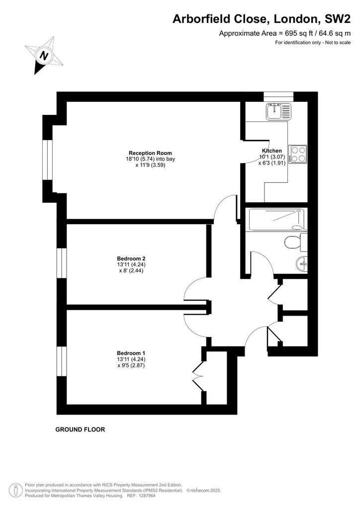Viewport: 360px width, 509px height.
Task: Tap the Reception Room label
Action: pos(150,153)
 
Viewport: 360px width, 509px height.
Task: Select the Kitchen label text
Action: pos(271,151)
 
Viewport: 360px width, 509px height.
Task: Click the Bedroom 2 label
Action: pos(131,258)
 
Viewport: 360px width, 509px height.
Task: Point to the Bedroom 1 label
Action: pos(131,353)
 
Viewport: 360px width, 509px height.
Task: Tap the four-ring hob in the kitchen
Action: pos(298,154)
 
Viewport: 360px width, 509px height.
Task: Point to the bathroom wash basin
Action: pos(302,263)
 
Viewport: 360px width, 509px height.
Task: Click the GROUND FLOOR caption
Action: pos(80,429)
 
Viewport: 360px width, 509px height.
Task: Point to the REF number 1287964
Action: pos(147,496)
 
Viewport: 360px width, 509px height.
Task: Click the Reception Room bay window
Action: pos(47,160)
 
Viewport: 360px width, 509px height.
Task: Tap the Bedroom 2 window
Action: pos(62,263)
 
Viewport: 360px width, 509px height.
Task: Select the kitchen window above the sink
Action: pos(278,96)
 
